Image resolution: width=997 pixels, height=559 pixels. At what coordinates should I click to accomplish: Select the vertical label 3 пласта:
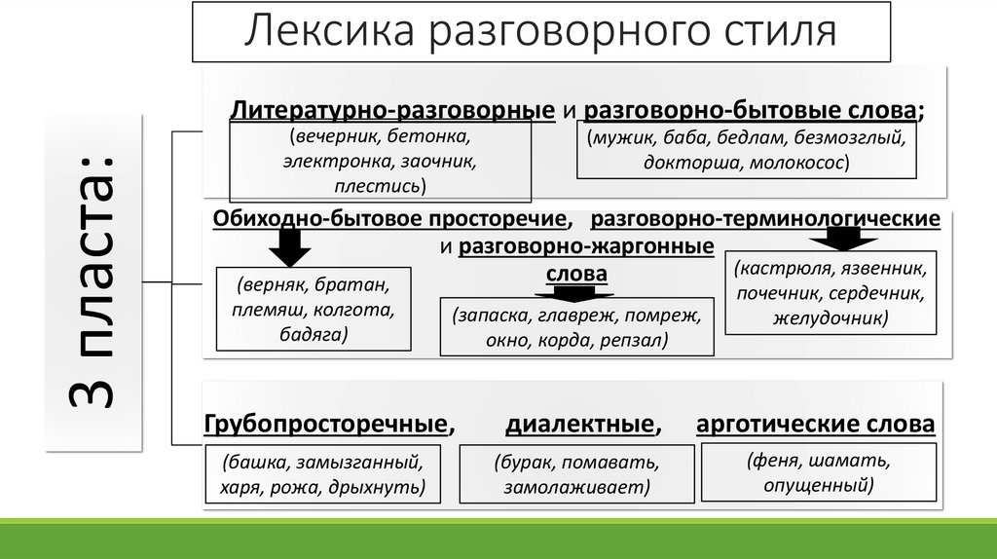coord(92,281)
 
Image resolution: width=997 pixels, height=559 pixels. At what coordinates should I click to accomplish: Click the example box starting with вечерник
coord(380,161)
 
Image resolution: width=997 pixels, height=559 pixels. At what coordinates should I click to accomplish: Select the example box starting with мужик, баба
coord(746,150)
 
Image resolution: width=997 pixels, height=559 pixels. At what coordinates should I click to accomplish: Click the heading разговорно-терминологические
coord(764,218)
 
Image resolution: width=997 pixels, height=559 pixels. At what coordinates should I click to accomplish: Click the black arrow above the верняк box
coord(287,251)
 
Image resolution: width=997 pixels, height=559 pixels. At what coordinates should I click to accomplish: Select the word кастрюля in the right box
coord(776,267)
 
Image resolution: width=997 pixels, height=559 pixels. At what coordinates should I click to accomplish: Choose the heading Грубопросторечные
coord(327,425)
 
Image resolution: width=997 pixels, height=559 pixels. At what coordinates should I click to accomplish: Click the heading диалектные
coord(578,425)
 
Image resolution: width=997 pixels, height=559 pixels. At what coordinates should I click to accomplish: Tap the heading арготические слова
coord(816,425)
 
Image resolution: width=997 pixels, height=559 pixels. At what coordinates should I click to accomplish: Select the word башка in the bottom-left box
coord(254,462)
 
